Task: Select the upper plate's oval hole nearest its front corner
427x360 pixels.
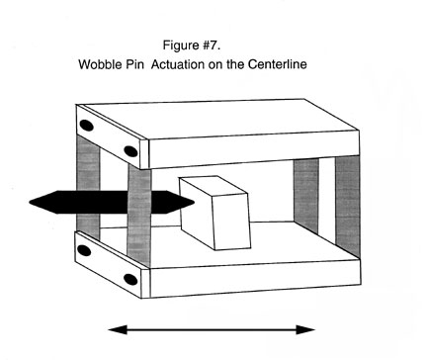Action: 129,150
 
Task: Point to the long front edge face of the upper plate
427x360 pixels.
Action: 252,152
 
